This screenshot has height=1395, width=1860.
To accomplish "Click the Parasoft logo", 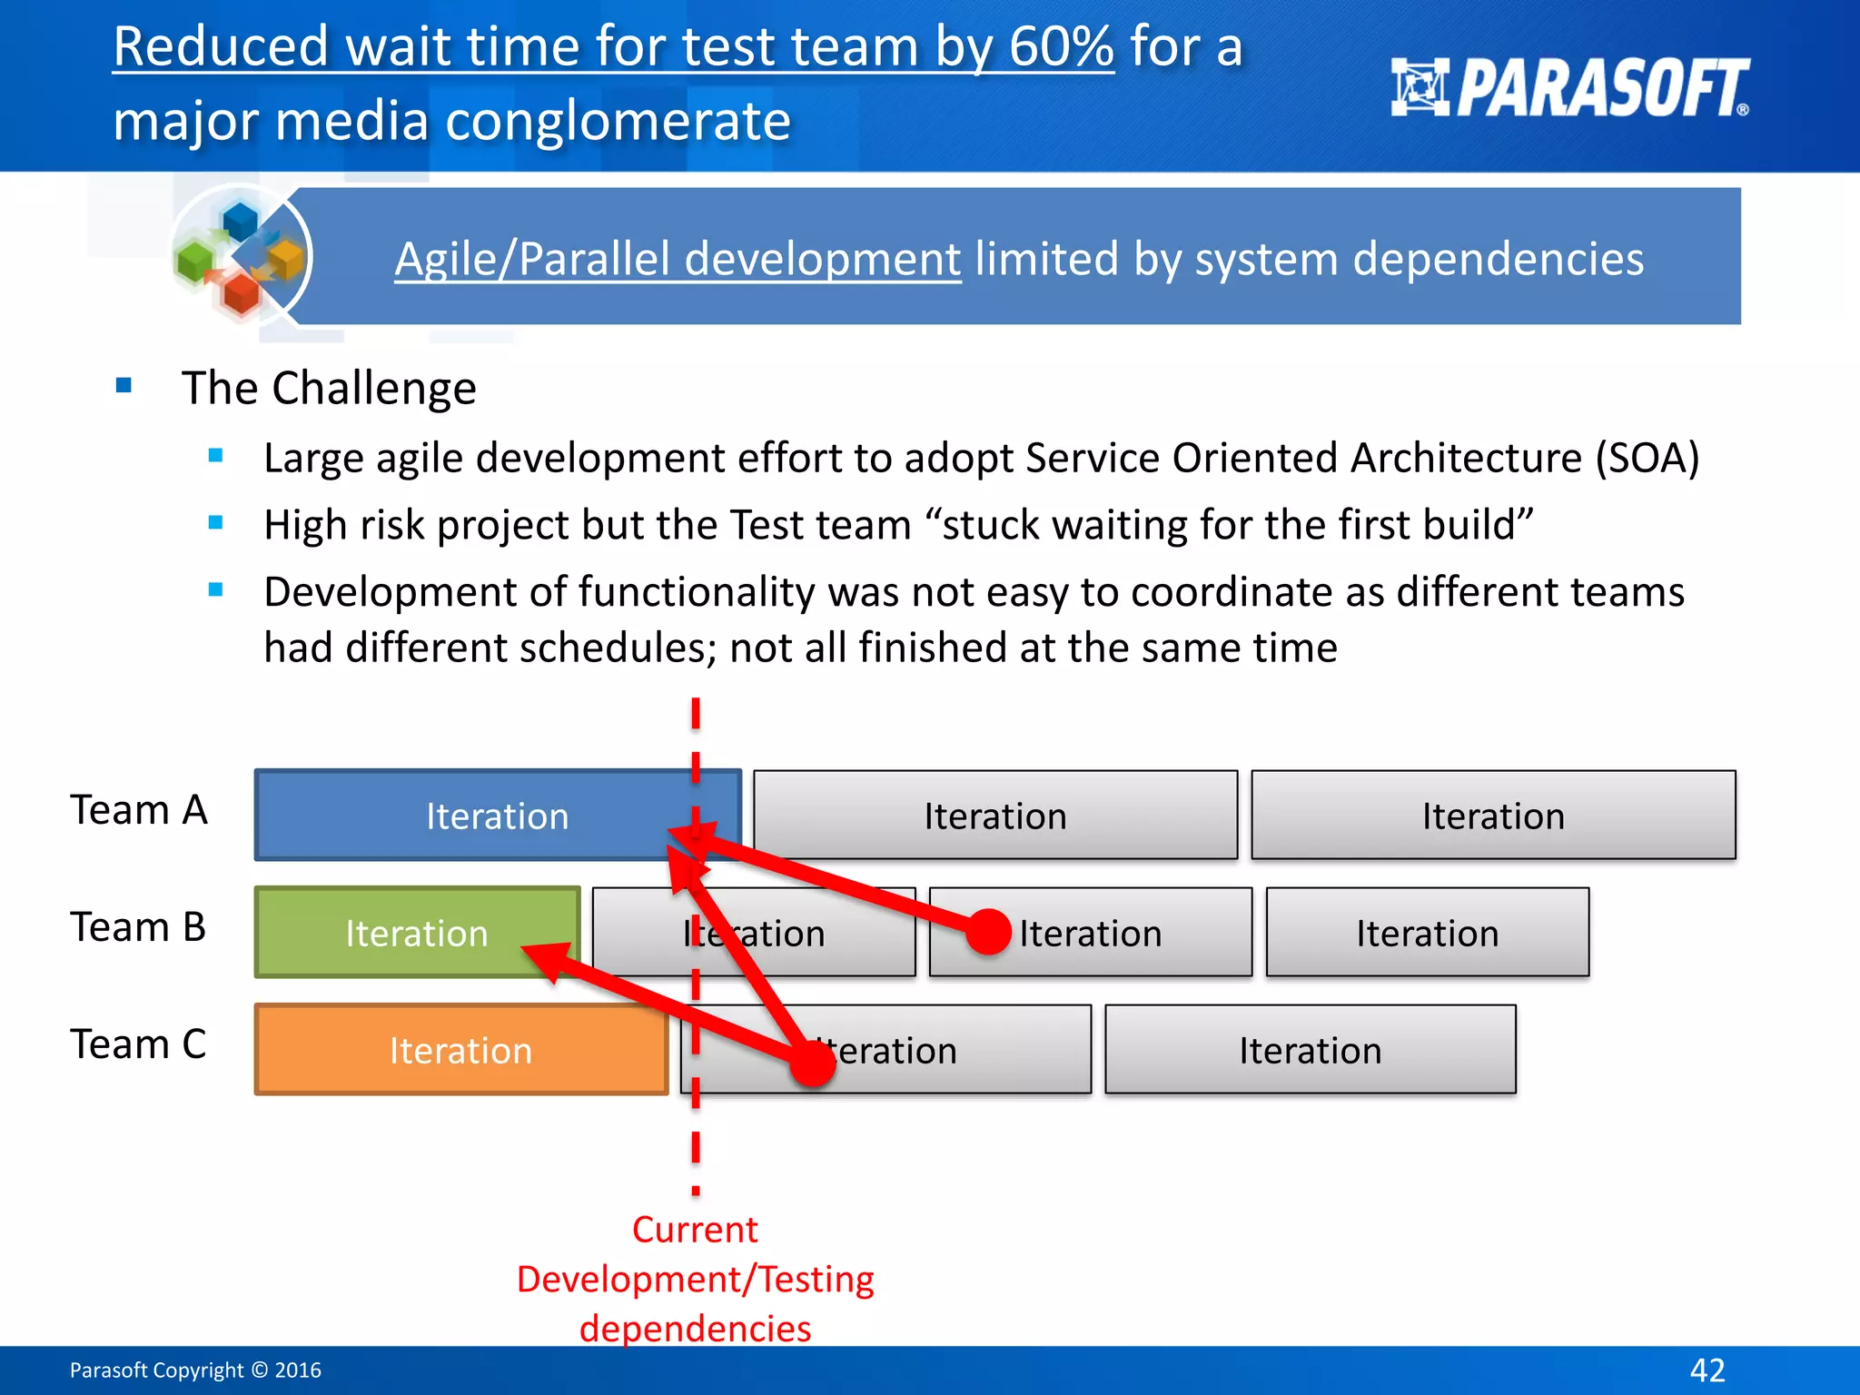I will (x=1569, y=88).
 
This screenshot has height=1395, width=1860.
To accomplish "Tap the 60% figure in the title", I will (x=1061, y=46).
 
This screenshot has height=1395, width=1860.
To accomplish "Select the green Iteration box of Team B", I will (x=416, y=933).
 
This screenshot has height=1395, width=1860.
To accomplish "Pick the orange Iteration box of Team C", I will (x=460, y=1050).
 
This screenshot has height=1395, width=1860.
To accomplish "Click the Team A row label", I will (x=139, y=809).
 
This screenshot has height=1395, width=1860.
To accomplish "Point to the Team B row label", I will (x=138, y=926).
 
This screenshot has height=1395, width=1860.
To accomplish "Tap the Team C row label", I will (x=138, y=1044).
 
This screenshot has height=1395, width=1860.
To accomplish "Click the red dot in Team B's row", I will (x=988, y=932).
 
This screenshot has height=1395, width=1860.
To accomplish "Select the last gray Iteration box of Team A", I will (x=1493, y=816).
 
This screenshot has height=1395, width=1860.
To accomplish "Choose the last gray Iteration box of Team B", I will (x=1427, y=933).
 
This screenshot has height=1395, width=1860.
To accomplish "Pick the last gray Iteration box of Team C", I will (x=1310, y=1050).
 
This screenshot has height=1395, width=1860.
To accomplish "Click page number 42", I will (x=1707, y=1370).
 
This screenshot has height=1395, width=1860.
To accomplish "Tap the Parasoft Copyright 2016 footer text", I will (x=195, y=1370).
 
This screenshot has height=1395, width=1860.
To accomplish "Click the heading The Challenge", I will (x=329, y=389).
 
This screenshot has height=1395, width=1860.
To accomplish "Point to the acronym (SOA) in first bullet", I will (x=1647, y=458).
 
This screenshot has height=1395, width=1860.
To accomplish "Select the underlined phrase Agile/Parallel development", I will (x=678, y=259).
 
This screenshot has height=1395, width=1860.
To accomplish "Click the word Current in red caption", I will (x=695, y=1230).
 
